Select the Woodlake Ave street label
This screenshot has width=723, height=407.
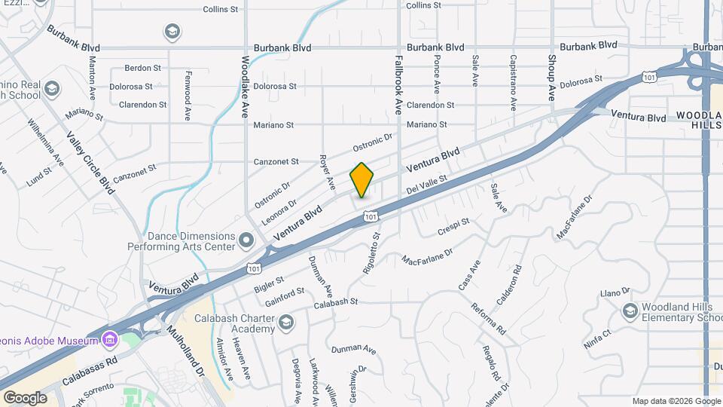tap(246, 87)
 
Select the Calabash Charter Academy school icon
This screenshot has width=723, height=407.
tap(285, 323)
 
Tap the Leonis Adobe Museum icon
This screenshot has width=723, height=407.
tap(111, 340)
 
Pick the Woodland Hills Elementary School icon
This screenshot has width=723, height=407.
tap(630, 310)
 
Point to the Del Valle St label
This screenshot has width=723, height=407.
tap(427, 184)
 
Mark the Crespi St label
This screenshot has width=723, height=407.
tap(454, 226)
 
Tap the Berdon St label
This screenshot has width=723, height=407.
tap(138, 67)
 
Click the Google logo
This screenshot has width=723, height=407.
tap(26, 397)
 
